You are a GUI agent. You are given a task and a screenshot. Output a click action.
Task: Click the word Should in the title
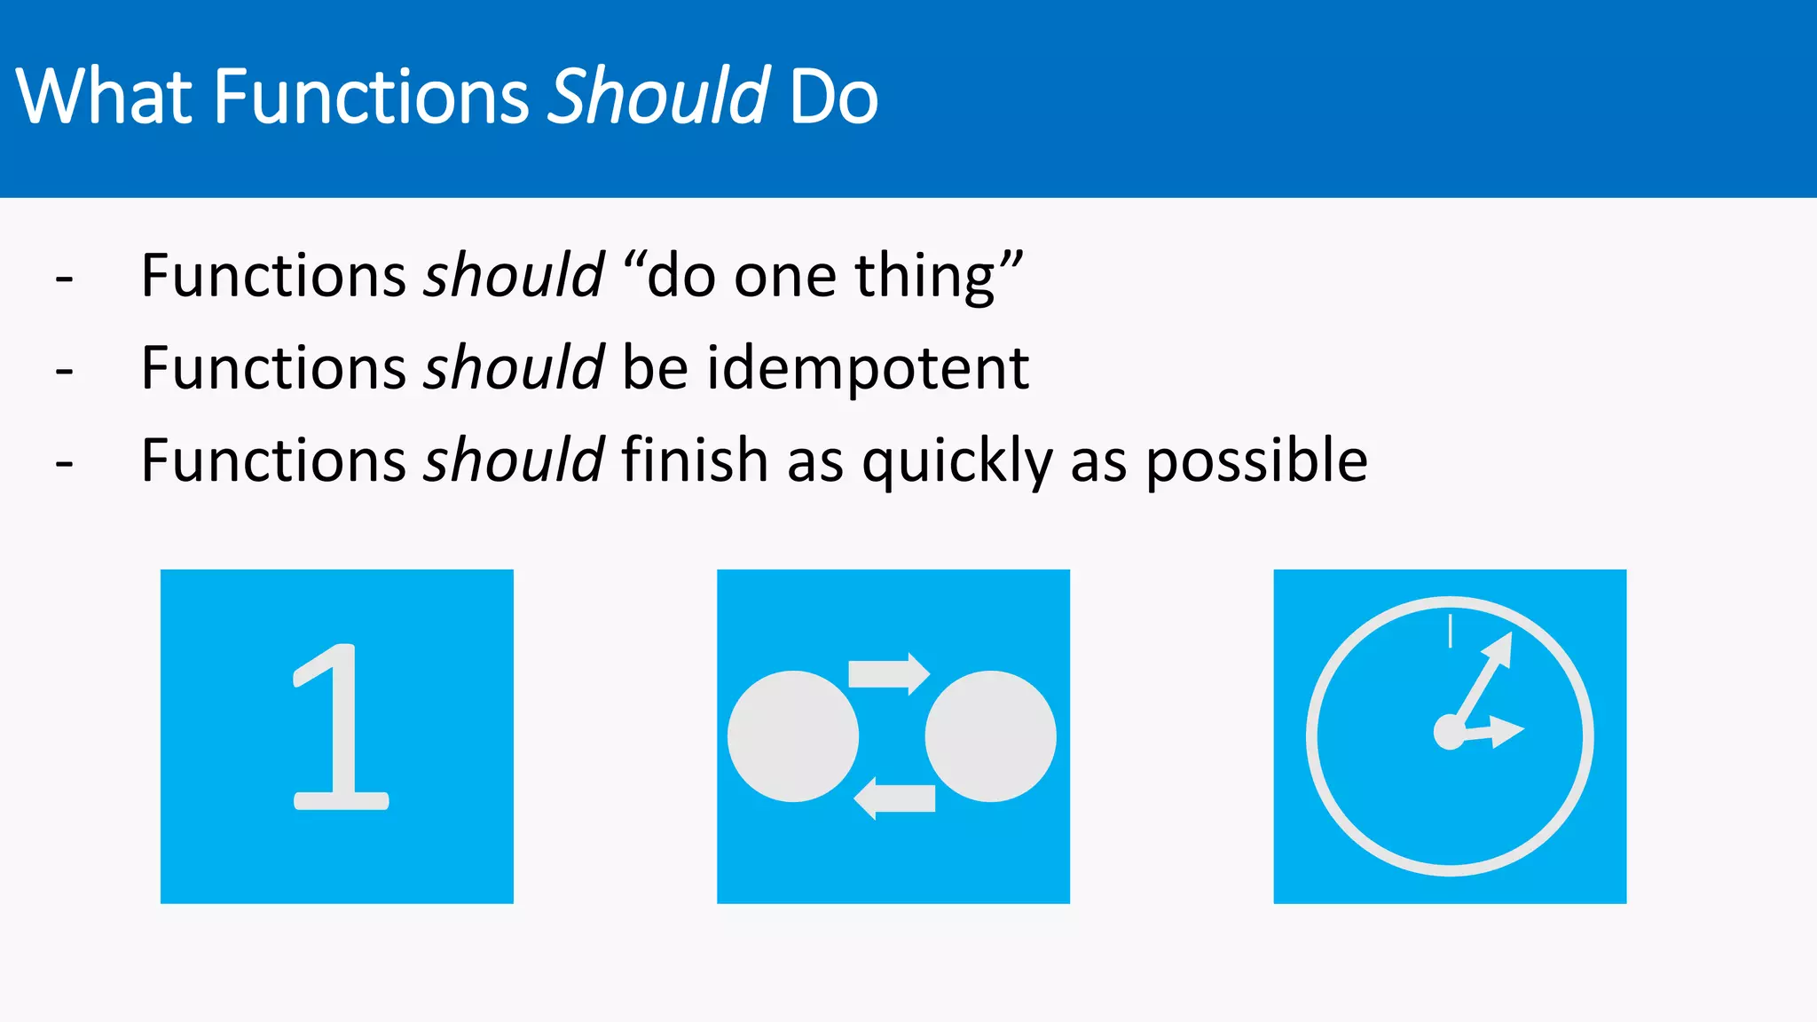click(x=657, y=96)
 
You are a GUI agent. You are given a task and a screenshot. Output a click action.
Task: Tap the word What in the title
click(x=104, y=96)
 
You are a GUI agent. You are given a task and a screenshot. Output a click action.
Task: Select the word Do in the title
click(x=833, y=96)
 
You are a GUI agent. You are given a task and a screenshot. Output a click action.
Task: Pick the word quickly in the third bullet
click(x=957, y=461)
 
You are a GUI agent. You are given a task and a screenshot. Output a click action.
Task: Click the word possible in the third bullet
click(x=1256, y=461)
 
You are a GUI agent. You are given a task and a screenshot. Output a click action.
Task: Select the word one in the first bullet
click(x=785, y=277)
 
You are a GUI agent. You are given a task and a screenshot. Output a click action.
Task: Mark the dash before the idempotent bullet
click(x=64, y=371)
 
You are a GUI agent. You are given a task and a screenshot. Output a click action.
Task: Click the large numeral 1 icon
click(x=339, y=727)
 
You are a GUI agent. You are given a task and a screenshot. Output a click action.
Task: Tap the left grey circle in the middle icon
click(x=793, y=736)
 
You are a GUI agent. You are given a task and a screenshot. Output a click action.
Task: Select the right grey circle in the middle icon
click(x=990, y=736)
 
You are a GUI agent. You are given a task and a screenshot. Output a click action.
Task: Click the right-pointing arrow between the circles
click(x=889, y=674)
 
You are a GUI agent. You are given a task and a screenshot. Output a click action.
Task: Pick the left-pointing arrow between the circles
click(x=894, y=798)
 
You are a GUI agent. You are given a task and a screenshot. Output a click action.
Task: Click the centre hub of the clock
click(x=1449, y=733)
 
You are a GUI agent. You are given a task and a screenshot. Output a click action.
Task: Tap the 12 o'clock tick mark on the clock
click(x=1450, y=631)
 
